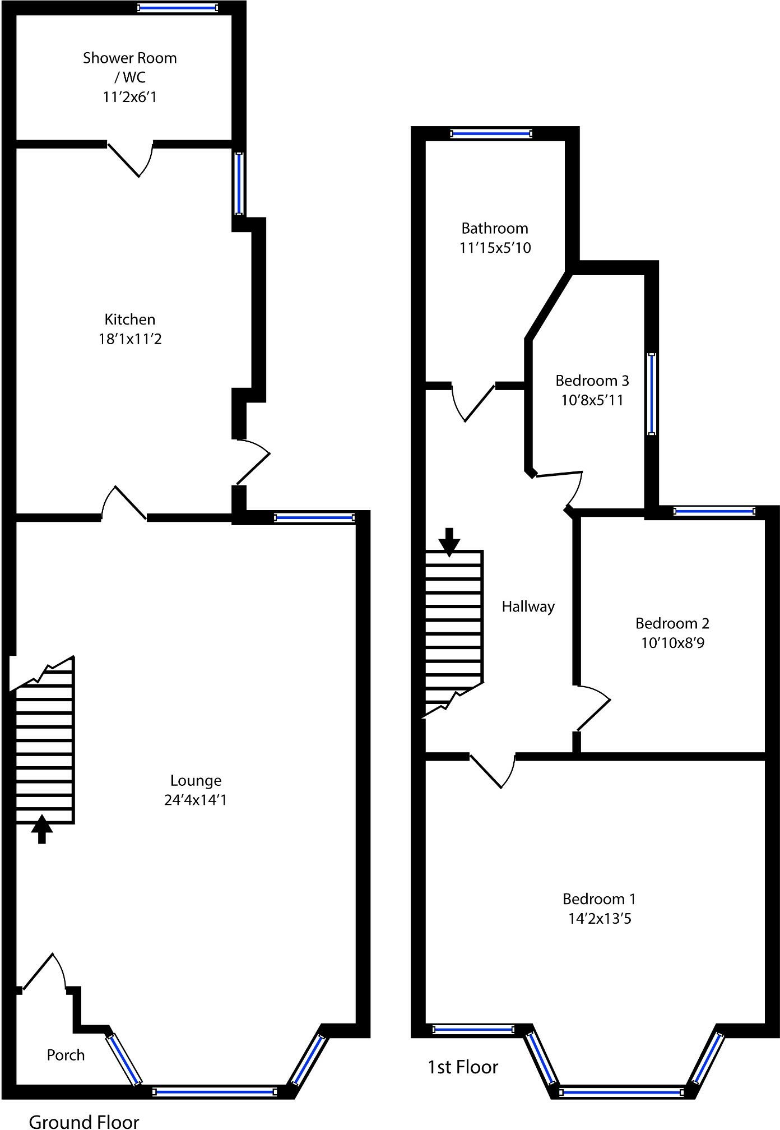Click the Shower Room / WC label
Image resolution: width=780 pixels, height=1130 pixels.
tap(129, 67)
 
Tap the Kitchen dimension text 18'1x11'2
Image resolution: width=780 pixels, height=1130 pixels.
tap(130, 339)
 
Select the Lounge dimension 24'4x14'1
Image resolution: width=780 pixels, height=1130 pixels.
tap(195, 800)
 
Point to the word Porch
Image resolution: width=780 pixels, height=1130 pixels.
tap(66, 1055)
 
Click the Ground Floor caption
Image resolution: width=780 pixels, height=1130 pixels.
tap(84, 1120)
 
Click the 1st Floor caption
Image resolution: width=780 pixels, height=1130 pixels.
tap(462, 1067)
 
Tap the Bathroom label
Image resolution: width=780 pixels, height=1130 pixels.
tap(494, 228)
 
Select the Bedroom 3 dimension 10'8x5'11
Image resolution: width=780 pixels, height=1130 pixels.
tap(592, 400)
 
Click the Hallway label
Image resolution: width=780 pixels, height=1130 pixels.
tap(528, 606)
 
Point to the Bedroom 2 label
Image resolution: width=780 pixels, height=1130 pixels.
tap(672, 623)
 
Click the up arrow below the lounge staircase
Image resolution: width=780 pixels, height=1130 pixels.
tap(41, 830)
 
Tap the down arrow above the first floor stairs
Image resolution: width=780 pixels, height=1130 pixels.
tap(449, 541)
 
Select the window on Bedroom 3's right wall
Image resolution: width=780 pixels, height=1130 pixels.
tap(651, 393)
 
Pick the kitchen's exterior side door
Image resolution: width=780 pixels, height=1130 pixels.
tap(252, 461)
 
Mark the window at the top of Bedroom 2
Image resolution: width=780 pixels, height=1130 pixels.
tap(714, 511)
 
